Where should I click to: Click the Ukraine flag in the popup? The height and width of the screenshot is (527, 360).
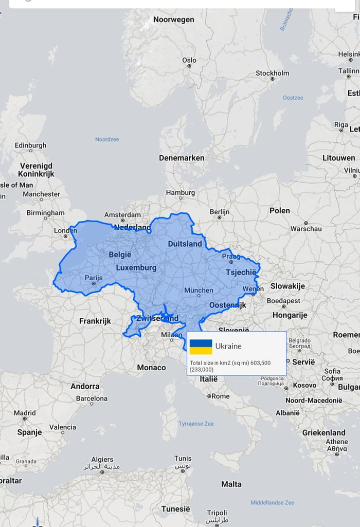pos(201,347)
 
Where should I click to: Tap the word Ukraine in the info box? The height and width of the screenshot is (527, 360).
pos(228,347)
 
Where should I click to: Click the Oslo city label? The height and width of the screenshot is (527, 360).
pos(189,60)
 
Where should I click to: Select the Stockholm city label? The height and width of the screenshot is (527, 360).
pos(272,73)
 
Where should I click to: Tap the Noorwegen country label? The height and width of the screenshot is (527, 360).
pos(173,20)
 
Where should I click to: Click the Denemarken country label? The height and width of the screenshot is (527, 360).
pos(182,158)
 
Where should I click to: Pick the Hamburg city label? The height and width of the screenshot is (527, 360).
pos(180,193)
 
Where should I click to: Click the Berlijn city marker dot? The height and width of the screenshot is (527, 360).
pos(220,217)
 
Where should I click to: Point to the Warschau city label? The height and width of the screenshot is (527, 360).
pos(306,228)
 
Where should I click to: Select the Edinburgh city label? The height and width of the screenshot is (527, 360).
pos(30,146)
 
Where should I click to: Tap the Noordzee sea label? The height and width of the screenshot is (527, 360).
pos(107,139)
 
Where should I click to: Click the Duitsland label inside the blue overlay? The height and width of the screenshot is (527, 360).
pos(185,244)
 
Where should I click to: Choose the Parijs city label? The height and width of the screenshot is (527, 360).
pos(94,278)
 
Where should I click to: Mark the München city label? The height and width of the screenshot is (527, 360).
pos(199,290)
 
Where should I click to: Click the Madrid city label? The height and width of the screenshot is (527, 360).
pos(25,413)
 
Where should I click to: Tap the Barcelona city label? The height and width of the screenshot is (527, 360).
pos(92,398)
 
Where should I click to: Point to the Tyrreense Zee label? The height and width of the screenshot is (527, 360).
pos(196,424)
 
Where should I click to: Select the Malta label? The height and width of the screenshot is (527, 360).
pos(231,484)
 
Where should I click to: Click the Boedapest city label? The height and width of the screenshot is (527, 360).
pos(283,300)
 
